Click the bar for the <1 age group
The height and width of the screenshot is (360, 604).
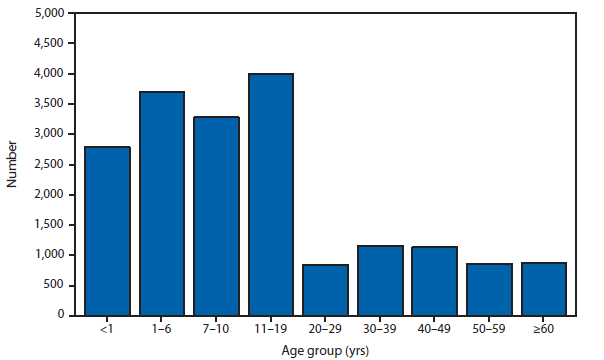tap(107, 231)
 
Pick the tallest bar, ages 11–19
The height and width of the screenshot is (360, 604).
tap(271, 194)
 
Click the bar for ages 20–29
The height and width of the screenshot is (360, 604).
tap(326, 289)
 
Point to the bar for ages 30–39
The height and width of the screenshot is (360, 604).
tap(380, 280)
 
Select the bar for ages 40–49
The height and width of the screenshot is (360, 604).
tap(435, 280)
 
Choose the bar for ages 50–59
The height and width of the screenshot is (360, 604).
tap(490, 289)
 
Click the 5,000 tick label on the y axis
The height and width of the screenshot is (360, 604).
tap(51, 14)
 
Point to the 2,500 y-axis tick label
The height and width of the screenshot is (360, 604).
tap(51, 164)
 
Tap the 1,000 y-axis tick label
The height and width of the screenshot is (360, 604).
tap(51, 255)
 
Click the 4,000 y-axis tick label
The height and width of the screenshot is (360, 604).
tap(51, 74)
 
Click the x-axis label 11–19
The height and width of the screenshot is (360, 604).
tap(271, 328)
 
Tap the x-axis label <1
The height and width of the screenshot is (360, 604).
tap(107, 328)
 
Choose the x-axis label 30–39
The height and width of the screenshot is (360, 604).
tap(380, 328)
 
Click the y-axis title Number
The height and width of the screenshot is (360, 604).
tap(12, 164)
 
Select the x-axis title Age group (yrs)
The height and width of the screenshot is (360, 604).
tap(327, 349)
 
